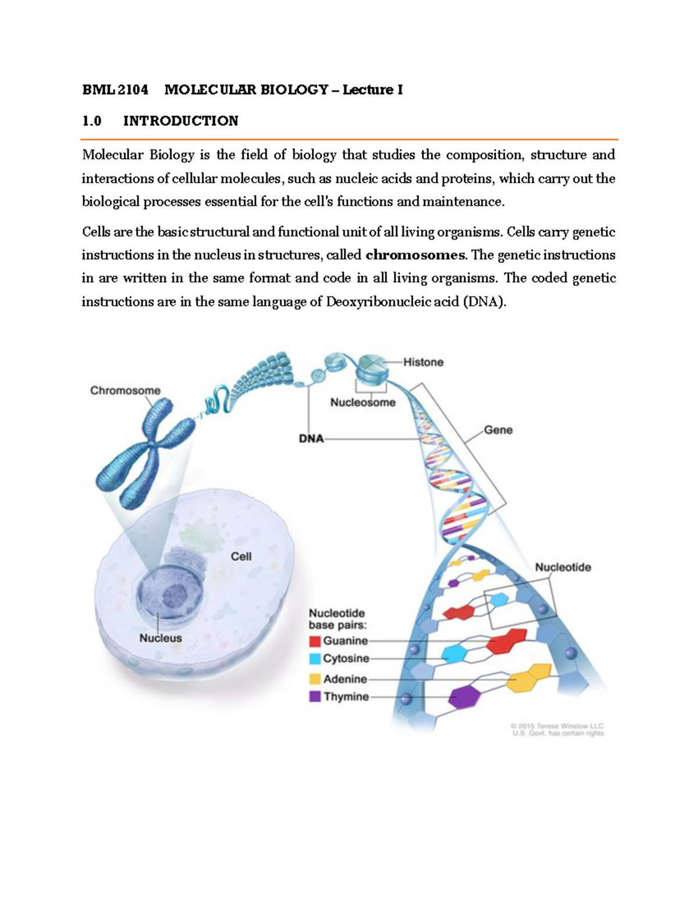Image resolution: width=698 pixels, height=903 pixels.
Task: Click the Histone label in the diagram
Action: (x=423, y=362)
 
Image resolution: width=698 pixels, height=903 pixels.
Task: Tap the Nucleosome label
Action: (x=362, y=402)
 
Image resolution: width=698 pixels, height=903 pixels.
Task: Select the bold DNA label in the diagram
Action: (x=311, y=438)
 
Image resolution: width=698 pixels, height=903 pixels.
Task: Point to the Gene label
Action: (x=498, y=430)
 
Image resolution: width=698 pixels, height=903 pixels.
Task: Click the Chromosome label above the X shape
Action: (x=125, y=391)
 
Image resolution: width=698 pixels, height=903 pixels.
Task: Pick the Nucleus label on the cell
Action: (x=161, y=638)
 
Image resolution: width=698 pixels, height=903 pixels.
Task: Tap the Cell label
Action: (x=241, y=556)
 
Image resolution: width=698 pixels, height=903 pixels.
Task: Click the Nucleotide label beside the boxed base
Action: (x=562, y=567)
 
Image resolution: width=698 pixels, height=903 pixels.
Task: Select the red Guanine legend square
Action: (x=315, y=641)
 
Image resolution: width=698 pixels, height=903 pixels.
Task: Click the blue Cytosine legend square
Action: (x=315, y=659)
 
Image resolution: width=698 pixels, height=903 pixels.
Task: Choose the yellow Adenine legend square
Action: (x=315, y=679)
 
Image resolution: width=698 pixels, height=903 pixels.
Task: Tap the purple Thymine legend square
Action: (x=315, y=697)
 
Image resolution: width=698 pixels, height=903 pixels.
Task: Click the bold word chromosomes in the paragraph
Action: (x=415, y=255)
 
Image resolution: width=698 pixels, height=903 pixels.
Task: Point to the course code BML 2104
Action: (x=115, y=90)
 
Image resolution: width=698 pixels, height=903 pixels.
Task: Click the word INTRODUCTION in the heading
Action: (x=180, y=121)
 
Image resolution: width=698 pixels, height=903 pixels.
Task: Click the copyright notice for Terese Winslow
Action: (x=557, y=730)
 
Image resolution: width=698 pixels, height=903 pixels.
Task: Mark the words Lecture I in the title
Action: (x=372, y=90)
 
